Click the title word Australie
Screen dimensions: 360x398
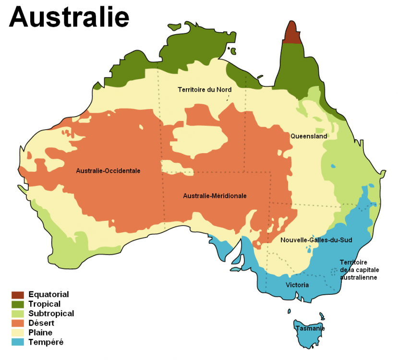[69, 17]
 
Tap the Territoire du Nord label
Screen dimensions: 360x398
[205, 90]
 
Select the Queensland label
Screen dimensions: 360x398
[308, 136]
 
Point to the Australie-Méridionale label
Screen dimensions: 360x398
[215, 196]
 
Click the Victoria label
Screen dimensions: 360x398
[297, 285]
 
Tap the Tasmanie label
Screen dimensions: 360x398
[310, 329]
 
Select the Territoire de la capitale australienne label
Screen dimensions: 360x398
[358, 270]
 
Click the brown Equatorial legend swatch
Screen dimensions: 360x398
[18, 295]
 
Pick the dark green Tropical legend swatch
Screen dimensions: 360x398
[18, 304]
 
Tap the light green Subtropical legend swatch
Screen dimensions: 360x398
[18, 314]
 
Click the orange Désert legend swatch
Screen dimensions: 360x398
[18, 324]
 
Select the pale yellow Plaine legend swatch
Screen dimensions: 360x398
[18, 333]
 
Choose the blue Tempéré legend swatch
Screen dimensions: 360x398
[18, 342]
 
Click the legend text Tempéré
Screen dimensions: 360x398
[46, 342]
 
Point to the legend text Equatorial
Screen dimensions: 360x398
[48, 295]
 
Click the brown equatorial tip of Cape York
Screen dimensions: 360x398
[291, 34]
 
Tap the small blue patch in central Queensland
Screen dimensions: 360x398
[333, 166]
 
